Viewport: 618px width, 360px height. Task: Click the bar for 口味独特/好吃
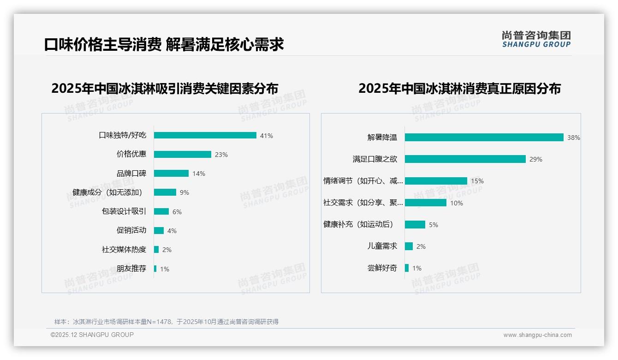click(x=205, y=135)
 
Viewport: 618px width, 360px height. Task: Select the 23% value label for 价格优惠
click(x=221, y=155)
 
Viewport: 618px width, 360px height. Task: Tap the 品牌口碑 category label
click(x=131, y=174)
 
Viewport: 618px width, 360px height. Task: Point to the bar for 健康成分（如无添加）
click(x=165, y=192)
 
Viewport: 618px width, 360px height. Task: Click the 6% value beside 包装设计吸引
click(x=177, y=212)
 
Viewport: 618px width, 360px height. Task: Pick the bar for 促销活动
click(x=159, y=230)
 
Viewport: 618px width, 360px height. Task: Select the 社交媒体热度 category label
click(x=124, y=250)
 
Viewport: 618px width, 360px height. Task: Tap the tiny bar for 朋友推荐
click(x=155, y=269)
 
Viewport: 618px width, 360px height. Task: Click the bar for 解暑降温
click(x=484, y=137)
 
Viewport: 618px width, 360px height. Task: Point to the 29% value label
click(x=536, y=159)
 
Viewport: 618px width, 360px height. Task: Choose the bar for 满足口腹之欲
click(x=465, y=159)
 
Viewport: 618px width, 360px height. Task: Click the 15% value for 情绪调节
click(x=477, y=181)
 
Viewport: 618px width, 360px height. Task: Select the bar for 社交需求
click(x=426, y=203)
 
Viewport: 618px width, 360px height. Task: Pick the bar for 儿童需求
click(x=409, y=246)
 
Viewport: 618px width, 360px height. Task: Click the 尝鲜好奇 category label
click(x=382, y=268)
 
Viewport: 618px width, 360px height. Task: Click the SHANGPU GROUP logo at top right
click(x=536, y=39)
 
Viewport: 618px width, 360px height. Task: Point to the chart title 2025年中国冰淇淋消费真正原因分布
click(x=459, y=89)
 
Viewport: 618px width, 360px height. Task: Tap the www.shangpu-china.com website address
click(x=537, y=335)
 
